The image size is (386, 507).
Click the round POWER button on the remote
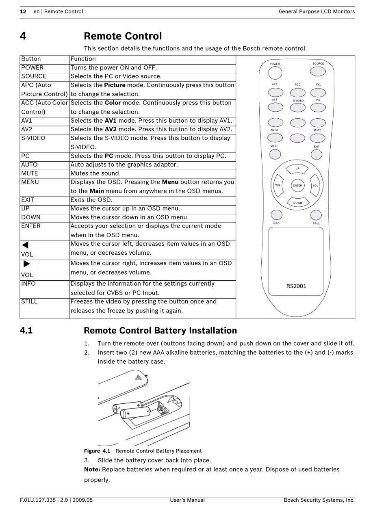point(275,73)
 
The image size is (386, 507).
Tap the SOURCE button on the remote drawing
point(318,71)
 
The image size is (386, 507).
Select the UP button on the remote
point(297,168)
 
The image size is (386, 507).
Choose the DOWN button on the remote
point(297,202)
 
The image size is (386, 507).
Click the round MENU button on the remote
point(275,154)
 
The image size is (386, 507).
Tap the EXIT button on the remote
point(317,154)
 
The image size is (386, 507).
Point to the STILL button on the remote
point(316,215)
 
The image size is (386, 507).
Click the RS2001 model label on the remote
point(296,286)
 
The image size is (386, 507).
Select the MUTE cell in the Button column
point(30,173)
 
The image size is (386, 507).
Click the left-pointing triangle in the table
point(25,245)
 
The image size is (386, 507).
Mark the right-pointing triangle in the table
point(27,264)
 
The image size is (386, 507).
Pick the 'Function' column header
point(83,59)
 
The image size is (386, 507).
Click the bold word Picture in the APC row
point(115,85)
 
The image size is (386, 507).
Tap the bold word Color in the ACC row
point(113,103)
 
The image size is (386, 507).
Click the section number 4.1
point(26,331)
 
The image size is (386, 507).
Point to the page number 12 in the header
point(23,11)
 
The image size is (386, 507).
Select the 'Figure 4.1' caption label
point(97,451)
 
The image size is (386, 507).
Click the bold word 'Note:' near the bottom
point(92,470)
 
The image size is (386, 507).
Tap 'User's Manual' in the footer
point(187,500)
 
